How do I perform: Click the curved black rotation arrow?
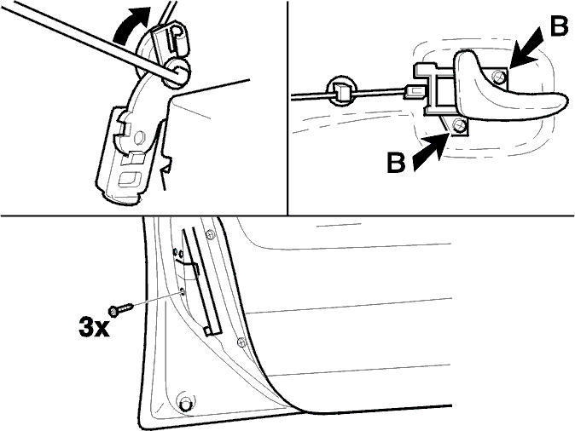[128, 27]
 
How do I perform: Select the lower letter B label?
[396, 162]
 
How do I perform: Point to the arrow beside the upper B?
[526, 49]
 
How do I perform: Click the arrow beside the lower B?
[432, 152]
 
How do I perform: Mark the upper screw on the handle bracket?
[500, 77]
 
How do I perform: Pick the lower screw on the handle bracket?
[458, 126]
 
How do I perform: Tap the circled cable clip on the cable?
[341, 91]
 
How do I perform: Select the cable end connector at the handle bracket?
[413, 91]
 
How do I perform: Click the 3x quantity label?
[94, 327]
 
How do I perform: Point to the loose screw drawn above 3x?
[120, 308]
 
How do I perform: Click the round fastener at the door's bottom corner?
[186, 402]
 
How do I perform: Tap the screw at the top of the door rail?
[210, 234]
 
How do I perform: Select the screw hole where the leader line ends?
[182, 291]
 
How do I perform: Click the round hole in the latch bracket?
[140, 138]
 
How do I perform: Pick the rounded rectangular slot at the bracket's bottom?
[131, 180]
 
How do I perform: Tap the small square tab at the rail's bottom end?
[207, 331]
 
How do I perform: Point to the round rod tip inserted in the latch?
[178, 72]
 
